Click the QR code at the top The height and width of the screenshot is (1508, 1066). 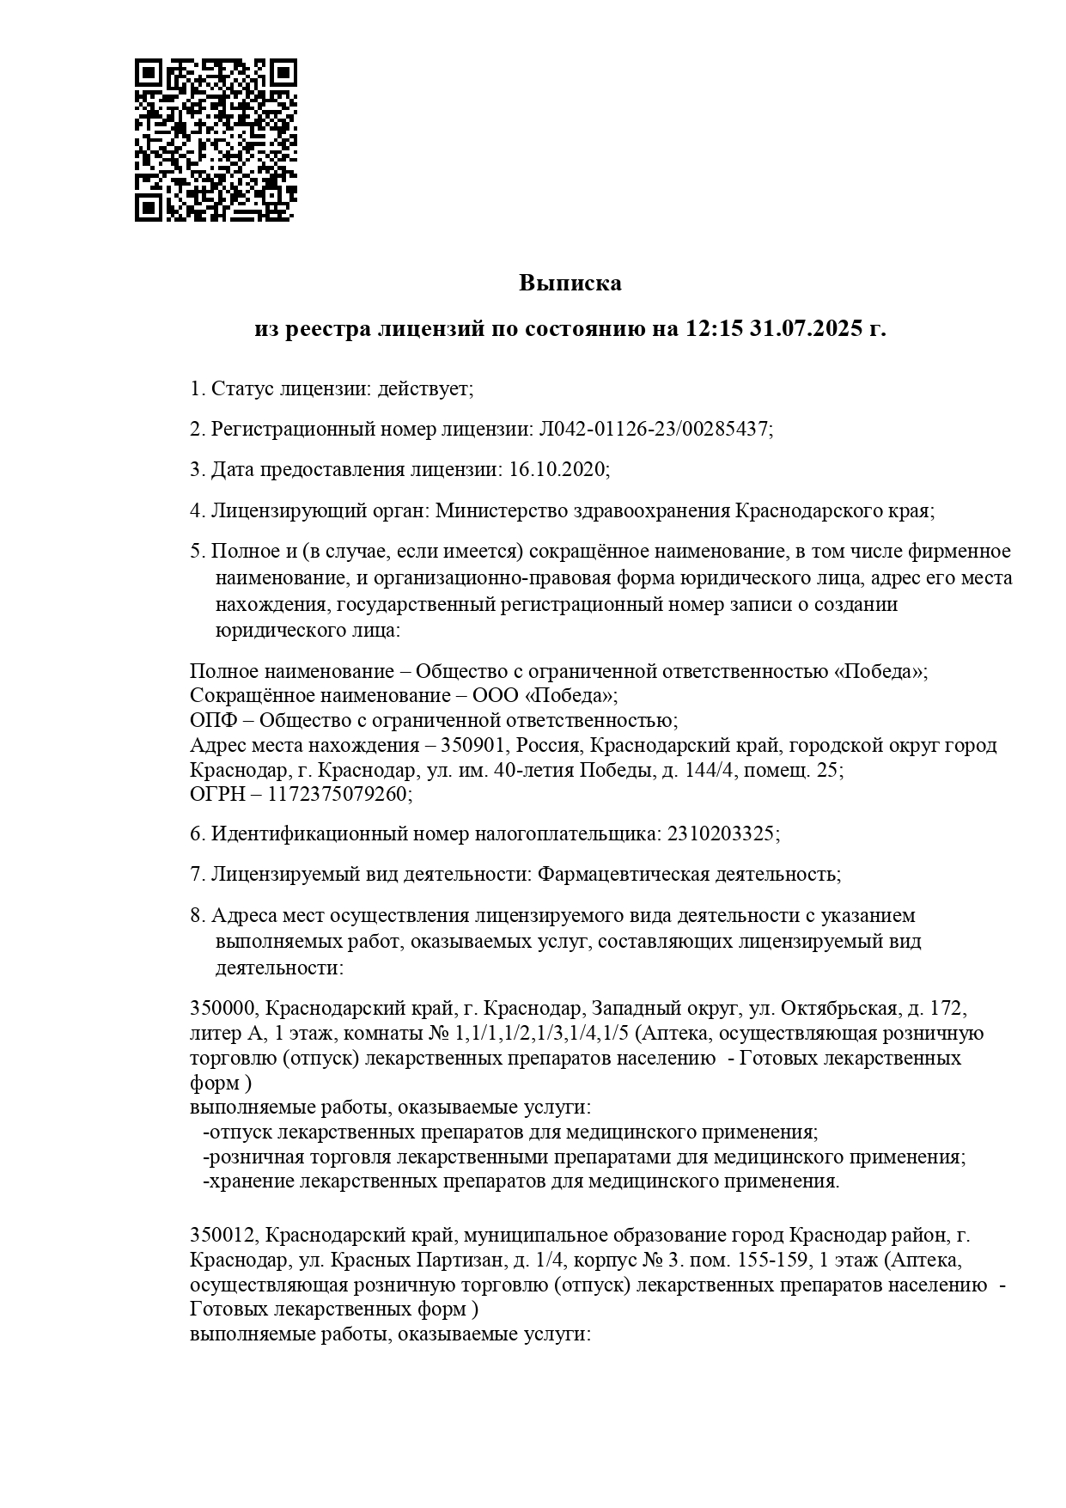[216, 140]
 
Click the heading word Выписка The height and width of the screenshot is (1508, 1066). [570, 283]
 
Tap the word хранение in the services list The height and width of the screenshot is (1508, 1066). [253, 1181]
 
